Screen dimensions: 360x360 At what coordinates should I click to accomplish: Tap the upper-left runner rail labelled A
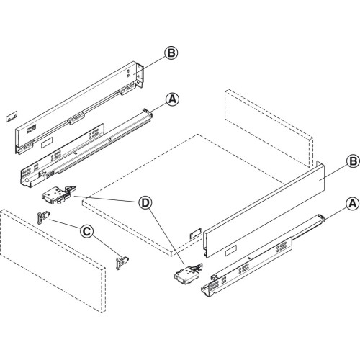click(x=86, y=148)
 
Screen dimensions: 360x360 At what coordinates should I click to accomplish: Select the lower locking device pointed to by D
click(x=186, y=273)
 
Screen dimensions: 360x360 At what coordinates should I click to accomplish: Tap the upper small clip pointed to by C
click(x=42, y=217)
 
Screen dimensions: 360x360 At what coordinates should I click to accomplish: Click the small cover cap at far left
click(x=9, y=114)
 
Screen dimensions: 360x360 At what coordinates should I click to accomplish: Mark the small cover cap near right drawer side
click(x=194, y=234)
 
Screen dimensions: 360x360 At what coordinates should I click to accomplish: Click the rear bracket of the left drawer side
click(x=141, y=75)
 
